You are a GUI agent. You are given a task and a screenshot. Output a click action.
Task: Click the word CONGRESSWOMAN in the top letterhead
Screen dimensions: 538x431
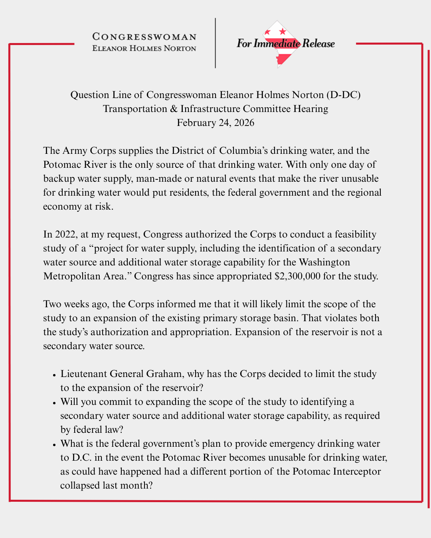click(x=144, y=37)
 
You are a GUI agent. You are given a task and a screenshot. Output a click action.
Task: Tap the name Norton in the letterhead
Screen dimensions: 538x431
click(x=180, y=49)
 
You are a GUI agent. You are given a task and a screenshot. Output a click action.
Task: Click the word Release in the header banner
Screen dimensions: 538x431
click(x=318, y=43)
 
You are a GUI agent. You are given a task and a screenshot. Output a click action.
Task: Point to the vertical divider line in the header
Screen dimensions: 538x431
click(x=215, y=43)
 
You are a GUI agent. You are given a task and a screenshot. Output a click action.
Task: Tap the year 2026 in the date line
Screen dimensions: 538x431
click(x=244, y=123)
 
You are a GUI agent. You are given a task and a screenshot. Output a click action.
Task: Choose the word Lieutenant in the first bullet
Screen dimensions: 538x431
click(x=83, y=374)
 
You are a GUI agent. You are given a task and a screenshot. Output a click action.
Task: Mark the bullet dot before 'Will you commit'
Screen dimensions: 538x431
click(x=54, y=403)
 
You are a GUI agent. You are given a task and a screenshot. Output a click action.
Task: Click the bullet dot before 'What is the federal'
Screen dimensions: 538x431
click(x=54, y=445)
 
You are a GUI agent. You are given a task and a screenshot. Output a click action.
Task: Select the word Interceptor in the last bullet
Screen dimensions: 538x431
click(x=357, y=471)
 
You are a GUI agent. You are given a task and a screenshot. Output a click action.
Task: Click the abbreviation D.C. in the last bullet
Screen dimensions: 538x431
click(x=82, y=457)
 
